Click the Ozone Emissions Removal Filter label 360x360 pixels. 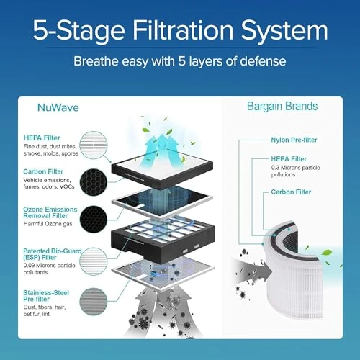51,213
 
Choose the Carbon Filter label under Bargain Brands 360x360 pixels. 292,192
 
